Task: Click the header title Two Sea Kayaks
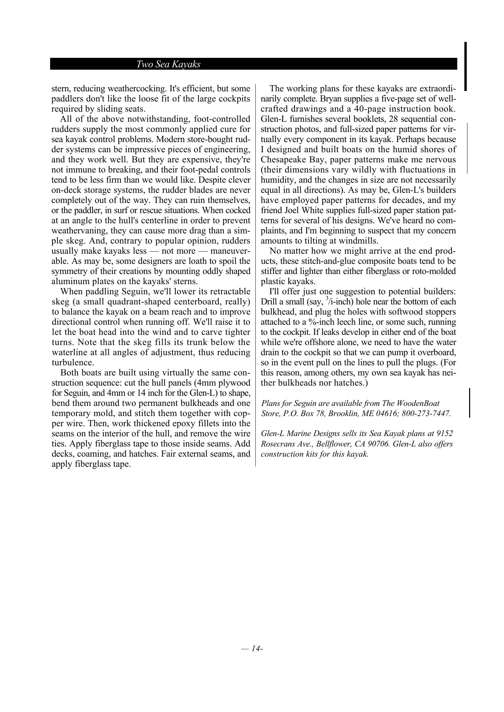pos(168,64)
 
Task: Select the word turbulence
pos(72,363)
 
